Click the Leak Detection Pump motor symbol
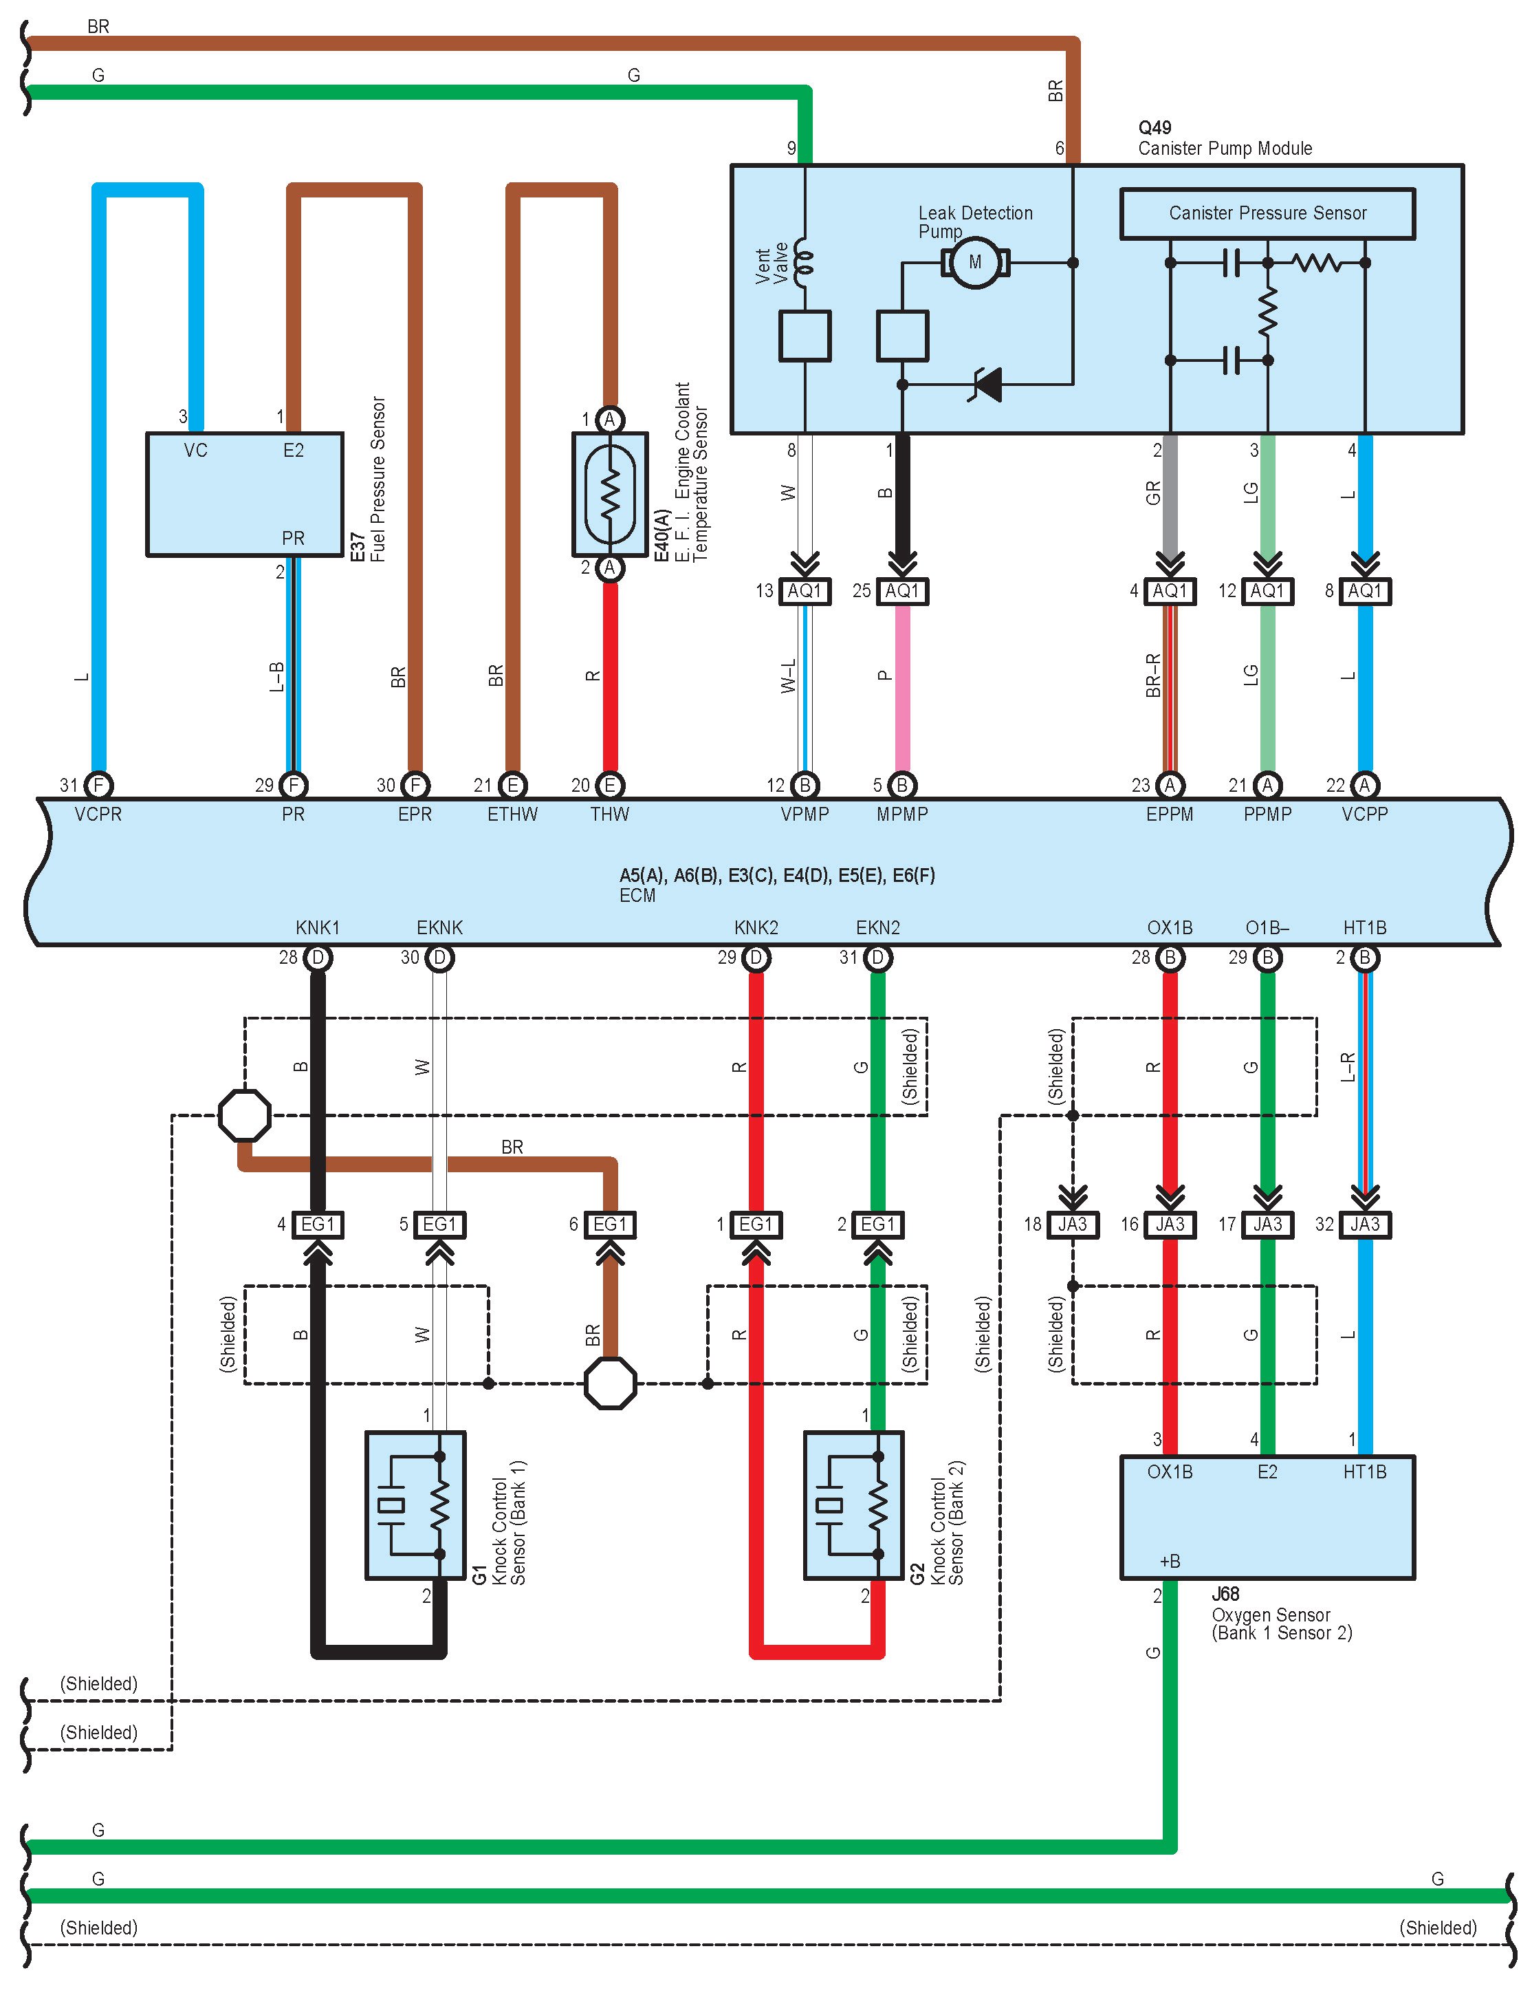click(975, 263)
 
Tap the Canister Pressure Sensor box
click(1267, 213)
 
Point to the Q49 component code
click(1155, 128)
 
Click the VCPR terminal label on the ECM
click(98, 814)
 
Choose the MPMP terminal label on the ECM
click(902, 814)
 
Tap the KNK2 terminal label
click(756, 928)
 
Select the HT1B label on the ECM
click(1364, 928)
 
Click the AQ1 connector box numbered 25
click(902, 591)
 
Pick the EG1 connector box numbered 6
click(610, 1225)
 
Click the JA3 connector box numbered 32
click(1364, 1225)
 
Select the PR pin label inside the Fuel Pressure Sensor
click(293, 538)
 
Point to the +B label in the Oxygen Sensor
click(1170, 1561)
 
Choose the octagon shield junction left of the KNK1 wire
click(244, 1114)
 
